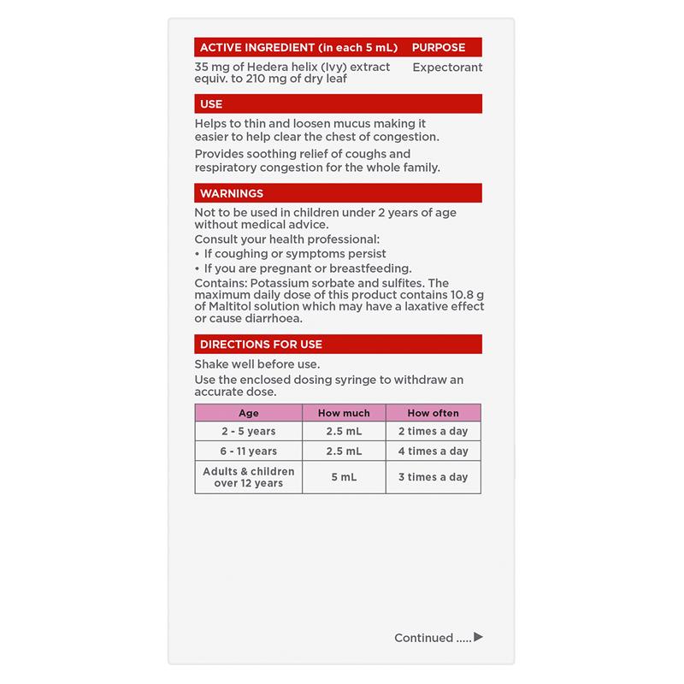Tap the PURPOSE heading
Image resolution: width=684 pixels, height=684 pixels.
(439, 47)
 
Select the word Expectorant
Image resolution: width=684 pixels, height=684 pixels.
(447, 67)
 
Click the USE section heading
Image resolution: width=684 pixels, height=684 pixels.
(211, 104)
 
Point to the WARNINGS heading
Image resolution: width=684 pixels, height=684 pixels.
(232, 193)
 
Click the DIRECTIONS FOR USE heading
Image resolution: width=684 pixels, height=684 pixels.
(261, 345)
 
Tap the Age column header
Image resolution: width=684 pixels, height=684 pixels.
(248, 413)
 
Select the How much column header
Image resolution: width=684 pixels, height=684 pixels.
(344, 413)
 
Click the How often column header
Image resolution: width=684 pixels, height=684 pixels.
(433, 413)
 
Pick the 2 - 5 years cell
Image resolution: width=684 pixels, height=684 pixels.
(248, 432)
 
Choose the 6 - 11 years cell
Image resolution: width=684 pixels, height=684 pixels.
(248, 451)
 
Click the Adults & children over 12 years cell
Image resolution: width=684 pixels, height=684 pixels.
(248, 477)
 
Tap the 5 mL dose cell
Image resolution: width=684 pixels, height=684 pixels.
(344, 477)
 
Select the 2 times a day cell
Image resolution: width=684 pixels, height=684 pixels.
(433, 432)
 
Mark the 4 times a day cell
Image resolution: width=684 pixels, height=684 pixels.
(433, 451)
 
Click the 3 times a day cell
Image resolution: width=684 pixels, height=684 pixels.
(433, 477)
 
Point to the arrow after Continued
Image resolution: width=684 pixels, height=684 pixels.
(478, 637)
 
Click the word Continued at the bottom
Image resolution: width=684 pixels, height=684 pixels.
(423, 638)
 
